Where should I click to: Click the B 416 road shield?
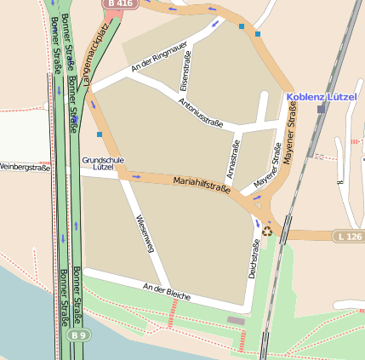pyautogui.click(x=119, y=4)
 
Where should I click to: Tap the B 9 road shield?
pyautogui.click(x=78, y=335)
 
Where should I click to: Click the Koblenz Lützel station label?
pyautogui.click(x=326, y=97)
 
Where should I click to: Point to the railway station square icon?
pyautogui.click(x=321, y=109)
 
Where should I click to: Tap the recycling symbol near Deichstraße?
pyautogui.click(x=267, y=230)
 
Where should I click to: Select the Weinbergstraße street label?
pyautogui.click(x=26, y=168)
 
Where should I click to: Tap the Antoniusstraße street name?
pyautogui.click(x=201, y=111)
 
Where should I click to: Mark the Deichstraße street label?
pyautogui.click(x=253, y=260)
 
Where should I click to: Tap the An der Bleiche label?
pyautogui.click(x=166, y=291)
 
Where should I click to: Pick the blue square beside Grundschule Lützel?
pyautogui.click(x=100, y=134)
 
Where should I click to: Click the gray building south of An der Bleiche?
pyautogui.click(x=236, y=320)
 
